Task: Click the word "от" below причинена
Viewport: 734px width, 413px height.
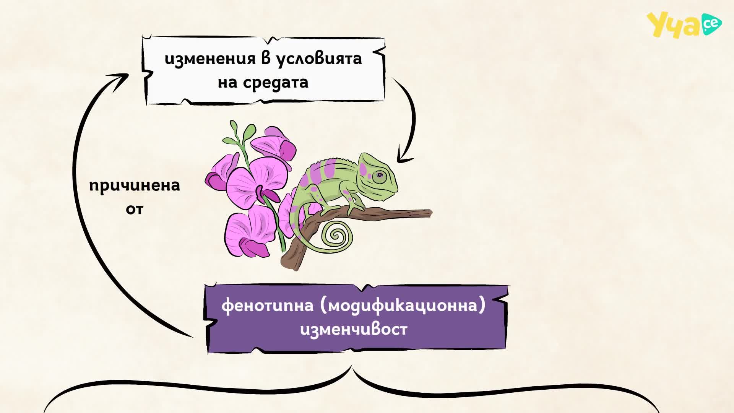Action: (135, 209)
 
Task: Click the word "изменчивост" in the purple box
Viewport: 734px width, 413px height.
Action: (354, 329)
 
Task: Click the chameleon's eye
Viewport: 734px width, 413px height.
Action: (379, 176)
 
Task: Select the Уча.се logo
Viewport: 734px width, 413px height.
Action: (684, 24)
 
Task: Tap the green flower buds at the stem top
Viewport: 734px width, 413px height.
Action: (239, 134)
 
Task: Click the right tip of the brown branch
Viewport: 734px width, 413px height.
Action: (431, 213)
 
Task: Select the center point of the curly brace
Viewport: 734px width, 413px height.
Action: (352, 368)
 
